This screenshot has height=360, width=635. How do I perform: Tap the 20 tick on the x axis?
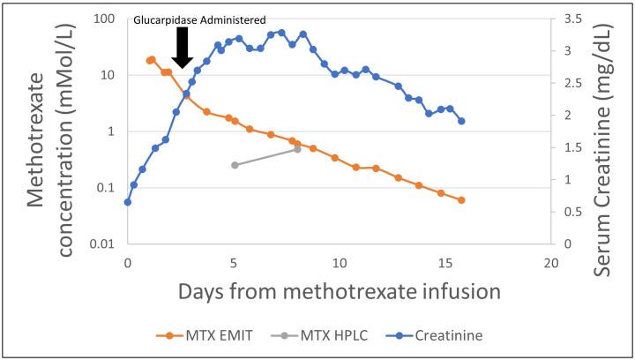click(x=551, y=262)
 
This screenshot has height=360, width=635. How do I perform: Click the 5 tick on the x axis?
click(x=234, y=262)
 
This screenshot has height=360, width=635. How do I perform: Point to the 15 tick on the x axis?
click(x=445, y=262)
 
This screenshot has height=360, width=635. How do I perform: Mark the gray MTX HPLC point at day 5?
click(x=235, y=165)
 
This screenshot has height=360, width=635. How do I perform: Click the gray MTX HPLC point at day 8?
click(x=297, y=149)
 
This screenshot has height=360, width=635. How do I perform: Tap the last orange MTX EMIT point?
click(x=461, y=200)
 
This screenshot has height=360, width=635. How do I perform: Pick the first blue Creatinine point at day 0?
click(x=128, y=202)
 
